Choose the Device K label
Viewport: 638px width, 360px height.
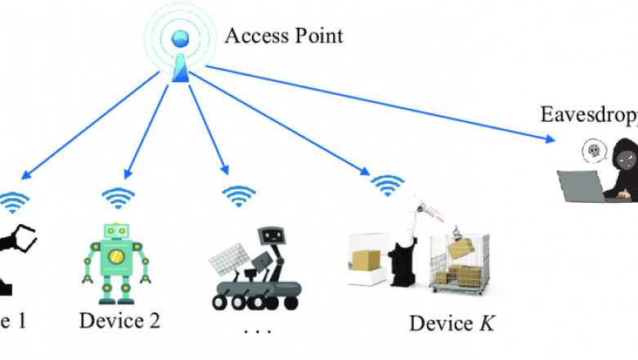(x=452, y=322)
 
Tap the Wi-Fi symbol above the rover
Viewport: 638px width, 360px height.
(x=239, y=196)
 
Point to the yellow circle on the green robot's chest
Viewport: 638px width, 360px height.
(x=116, y=259)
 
